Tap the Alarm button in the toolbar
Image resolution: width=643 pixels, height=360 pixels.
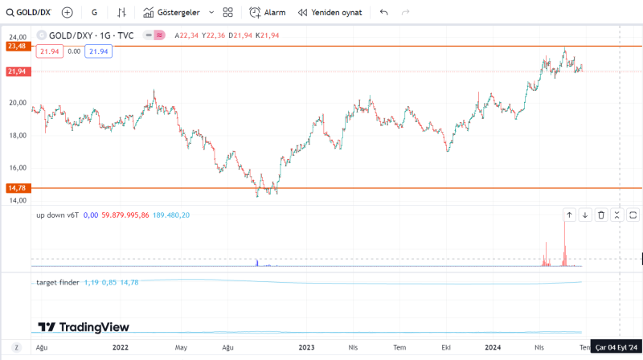tap(268, 13)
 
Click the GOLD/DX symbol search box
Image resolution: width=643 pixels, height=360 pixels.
tap(29, 13)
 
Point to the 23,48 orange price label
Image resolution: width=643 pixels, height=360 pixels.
tap(17, 47)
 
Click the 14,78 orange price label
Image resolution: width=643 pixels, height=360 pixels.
tap(17, 188)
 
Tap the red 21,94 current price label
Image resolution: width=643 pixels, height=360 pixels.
tap(17, 72)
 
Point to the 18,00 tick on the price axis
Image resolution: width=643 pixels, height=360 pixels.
tap(18, 135)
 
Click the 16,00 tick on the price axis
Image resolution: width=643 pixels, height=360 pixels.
tap(18, 168)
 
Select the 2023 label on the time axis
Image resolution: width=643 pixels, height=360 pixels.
tap(306, 347)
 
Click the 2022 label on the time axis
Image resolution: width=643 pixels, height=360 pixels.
tap(121, 347)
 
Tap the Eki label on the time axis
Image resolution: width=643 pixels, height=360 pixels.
tap(446, 347)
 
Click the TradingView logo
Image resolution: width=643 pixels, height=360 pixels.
tap(84, 327)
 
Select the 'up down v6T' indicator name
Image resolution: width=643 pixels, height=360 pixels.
tap(57, 215)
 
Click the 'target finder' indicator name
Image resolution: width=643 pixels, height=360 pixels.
tap(57, 282)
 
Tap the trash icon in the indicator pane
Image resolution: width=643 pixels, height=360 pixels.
tap(600, 215)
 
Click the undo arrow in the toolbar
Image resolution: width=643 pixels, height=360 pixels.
tap(384, 13)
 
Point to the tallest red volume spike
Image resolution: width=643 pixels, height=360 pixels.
tap(564, 241)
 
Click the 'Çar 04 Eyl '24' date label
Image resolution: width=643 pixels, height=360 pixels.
tap(615, 347)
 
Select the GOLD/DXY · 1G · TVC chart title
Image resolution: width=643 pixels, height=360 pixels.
tap(91, 35)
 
